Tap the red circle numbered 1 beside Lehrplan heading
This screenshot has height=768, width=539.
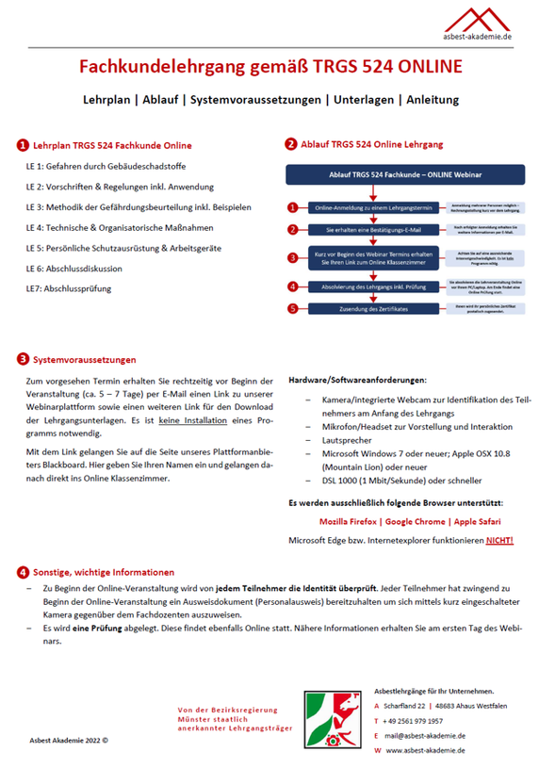click(22, 146)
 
